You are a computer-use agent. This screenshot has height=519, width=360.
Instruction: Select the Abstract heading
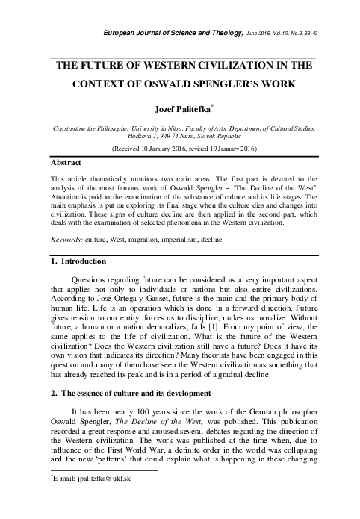click(x=65, y=161)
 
